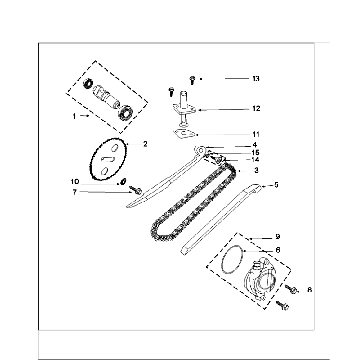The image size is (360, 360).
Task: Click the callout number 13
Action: [256, 79]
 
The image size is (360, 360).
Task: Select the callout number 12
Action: [256, 109]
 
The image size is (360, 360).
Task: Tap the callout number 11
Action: [256, 134]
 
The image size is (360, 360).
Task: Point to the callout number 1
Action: [74, 116]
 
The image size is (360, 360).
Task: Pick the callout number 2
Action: [145, 144]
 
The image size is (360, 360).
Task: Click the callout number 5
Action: [276, 185]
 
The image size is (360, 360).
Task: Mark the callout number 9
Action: [278, 237]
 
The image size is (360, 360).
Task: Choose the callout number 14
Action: [255, 160]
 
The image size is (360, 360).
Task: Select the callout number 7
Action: [75, 192]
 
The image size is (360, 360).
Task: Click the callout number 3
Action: [256, 170]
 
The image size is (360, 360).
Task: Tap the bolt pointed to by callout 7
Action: [135, 190]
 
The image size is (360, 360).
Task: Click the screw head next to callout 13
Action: [192, 79]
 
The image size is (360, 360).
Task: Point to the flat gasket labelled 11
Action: [184, 134]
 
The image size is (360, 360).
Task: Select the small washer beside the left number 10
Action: [122, 182]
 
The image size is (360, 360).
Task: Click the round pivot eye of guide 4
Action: [200, 149]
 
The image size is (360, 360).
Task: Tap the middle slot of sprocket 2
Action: [109, 159]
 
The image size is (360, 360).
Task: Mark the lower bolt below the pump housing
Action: [283, 305]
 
